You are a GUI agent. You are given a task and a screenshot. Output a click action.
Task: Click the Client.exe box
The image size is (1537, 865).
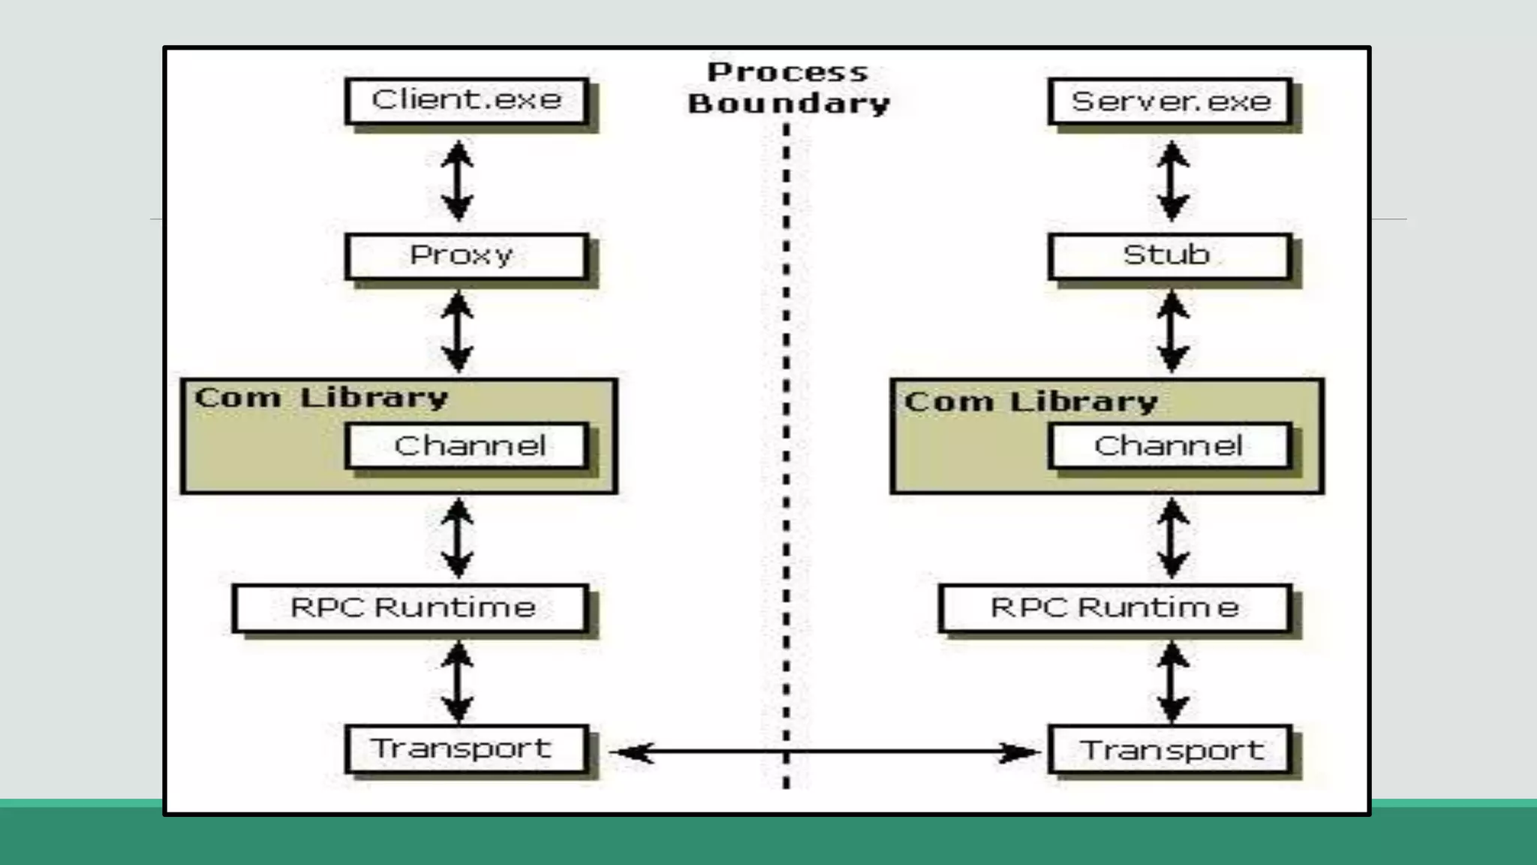coord(466,101)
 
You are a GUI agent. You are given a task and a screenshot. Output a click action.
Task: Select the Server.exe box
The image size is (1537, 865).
coord(1170,101)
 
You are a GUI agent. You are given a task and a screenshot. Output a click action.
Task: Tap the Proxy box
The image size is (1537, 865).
coord(466,256)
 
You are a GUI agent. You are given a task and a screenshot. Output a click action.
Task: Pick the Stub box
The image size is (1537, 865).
coord(1169,256)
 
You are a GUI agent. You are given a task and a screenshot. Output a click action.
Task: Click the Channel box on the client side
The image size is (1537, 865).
coord(466,446)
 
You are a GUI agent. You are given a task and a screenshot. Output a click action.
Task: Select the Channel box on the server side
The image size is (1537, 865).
coord(1169,446)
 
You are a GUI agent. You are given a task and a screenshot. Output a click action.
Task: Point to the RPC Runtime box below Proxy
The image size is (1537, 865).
coord(411,607)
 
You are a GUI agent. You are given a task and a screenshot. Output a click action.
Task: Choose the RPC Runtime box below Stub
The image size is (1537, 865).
coord(1114,607)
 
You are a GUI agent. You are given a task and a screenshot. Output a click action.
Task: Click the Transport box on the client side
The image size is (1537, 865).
coord(466,749)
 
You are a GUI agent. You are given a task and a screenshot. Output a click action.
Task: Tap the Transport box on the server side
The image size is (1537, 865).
coord(1170,749)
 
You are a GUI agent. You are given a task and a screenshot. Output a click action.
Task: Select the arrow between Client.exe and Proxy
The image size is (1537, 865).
coord(457,181)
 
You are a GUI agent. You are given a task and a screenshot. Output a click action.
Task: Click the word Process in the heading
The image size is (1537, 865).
coord(788,73)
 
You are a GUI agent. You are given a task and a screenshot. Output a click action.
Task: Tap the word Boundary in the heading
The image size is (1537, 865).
coord(789,104)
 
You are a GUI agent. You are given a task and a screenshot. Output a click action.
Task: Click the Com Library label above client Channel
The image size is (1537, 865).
coord(321,397)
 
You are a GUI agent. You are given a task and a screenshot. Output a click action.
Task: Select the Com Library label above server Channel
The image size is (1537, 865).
coord(1030,402)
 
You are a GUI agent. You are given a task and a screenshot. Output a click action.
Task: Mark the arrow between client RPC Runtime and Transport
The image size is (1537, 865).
coord(457,682)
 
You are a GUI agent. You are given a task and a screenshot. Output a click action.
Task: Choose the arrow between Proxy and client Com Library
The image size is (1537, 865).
coord(457,331)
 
